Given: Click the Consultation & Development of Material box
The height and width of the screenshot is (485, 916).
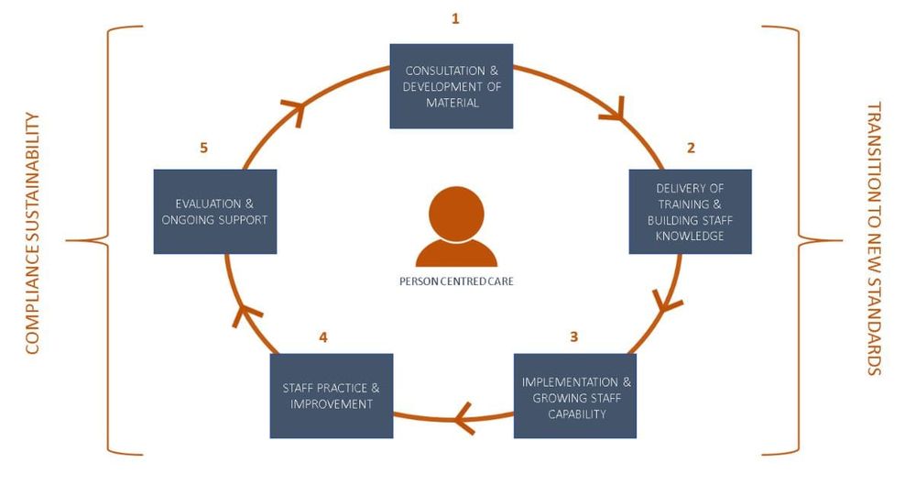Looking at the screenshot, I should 452,86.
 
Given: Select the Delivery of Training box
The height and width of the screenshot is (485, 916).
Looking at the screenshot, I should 690,212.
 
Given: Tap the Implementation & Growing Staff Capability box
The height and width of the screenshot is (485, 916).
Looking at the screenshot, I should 575,396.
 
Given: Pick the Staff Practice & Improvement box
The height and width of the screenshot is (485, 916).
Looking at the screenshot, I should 332,396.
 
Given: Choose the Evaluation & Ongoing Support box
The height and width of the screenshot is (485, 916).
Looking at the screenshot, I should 215,212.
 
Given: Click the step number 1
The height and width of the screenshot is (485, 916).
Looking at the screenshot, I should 455,18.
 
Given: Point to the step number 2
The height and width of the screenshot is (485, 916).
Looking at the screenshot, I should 692,147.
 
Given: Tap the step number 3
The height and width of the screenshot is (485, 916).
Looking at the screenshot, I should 574,336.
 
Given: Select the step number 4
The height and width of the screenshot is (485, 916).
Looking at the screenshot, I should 323,336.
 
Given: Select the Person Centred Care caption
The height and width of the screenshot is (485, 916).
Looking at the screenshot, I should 456,281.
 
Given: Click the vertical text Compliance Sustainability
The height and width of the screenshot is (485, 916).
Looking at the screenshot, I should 33,233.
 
